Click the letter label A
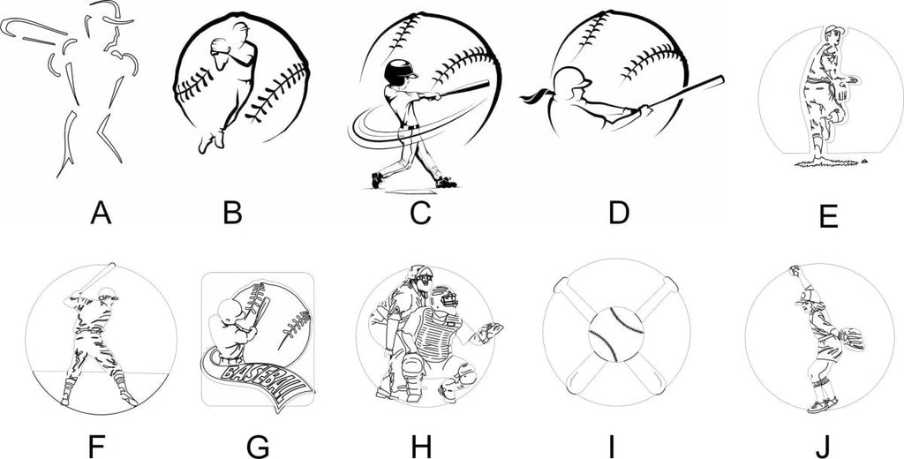click(x=101, y=214)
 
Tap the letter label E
click(x=827, y=217)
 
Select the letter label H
click(x=421, y=446)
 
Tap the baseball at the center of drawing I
click(x=615, y=335)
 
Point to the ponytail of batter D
click(x=536, y=95)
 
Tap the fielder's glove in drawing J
click(x=852, y=338)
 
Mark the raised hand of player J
click(x=795, y=270)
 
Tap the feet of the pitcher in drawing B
click(x=211, y=142)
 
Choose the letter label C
click(x=421, y=214)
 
